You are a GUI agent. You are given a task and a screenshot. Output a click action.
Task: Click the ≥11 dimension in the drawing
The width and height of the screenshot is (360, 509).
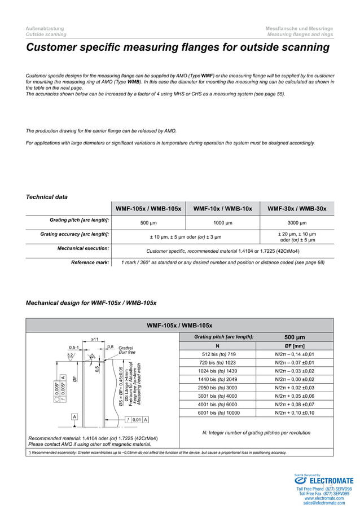[95, 339]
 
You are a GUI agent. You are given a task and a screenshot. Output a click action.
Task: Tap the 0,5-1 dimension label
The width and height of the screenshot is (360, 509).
[74, 347]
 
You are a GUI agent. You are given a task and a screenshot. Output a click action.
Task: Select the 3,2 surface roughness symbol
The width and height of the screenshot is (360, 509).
[70, 356]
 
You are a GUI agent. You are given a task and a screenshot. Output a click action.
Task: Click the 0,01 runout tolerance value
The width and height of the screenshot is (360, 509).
[137, 419]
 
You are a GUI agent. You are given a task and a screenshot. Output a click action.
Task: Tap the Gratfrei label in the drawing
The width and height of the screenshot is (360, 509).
[126, 348]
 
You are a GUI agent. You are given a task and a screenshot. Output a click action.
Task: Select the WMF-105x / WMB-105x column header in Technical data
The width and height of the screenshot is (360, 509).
[148, 209]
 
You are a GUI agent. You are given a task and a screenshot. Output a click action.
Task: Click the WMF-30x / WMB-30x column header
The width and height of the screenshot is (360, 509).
[297, 209]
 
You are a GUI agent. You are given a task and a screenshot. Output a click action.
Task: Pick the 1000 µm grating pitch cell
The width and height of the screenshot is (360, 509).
[222, 223]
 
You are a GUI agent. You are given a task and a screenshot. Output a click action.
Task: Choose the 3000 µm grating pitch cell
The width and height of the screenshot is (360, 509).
[297, 223]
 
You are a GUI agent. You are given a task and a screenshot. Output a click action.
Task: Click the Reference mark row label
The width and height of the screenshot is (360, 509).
[90, 262]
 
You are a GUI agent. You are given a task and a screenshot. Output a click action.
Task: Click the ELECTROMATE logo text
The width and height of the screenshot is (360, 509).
[331, 481]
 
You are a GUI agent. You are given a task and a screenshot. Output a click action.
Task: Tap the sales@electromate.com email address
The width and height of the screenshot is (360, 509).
[324, 503]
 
